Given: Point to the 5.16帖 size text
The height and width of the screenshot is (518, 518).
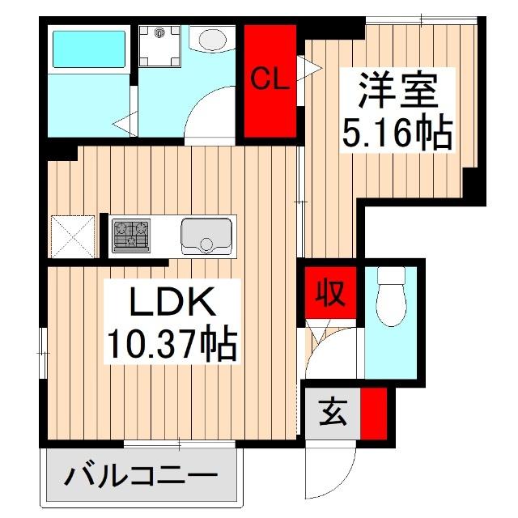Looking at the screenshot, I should click(397, 131).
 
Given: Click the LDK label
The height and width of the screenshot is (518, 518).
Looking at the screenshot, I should click(172, 304).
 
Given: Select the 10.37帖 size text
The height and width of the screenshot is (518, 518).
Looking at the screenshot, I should click(172, 346).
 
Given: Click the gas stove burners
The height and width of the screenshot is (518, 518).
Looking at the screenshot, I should click(129, 235).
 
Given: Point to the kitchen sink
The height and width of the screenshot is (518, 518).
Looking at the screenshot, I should click(204, 236).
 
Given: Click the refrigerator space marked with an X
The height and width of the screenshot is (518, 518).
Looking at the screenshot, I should click(74, 236).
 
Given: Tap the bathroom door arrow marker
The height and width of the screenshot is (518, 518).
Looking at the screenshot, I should click(124, 124).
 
